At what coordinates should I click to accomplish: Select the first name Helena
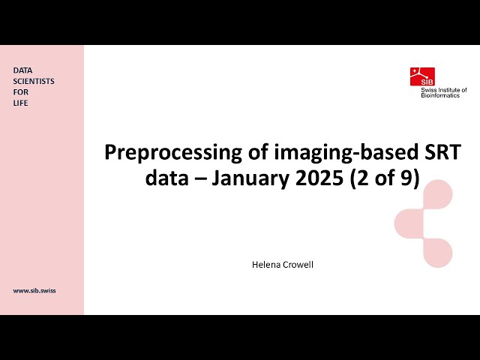265,265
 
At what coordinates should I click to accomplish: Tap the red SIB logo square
422,76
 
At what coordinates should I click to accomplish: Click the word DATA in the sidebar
22,70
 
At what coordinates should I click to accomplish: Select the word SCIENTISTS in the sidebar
34,81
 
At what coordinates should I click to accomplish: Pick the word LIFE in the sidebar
21,103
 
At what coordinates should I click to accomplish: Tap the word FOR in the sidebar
20,91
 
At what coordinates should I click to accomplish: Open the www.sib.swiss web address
34,289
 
